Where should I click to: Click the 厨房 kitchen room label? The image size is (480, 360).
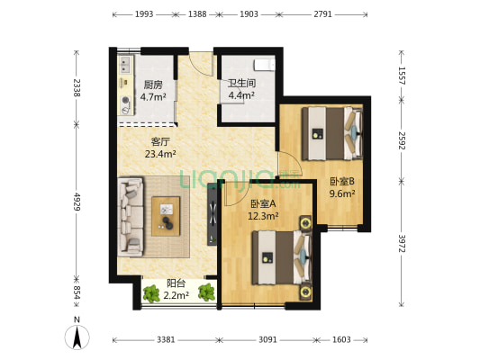(152, 85)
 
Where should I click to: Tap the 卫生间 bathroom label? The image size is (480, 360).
(240, 83)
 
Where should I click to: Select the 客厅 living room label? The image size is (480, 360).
(160, 141)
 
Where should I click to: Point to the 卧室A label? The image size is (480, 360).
(263, 203)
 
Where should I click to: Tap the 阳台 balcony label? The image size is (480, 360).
(177, 283)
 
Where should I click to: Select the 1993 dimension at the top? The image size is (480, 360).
(144, 15)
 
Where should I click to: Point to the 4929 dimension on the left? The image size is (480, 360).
(77, 202)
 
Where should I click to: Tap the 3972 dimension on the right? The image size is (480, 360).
(401, 243)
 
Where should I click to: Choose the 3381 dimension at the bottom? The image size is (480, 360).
(165, 339)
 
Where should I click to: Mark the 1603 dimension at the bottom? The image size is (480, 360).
(341, 339)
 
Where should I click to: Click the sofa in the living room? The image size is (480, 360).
(131, 216)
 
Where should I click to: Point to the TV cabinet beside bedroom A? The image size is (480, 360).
(213, 213)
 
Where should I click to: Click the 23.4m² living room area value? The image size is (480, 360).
(160, 154)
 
